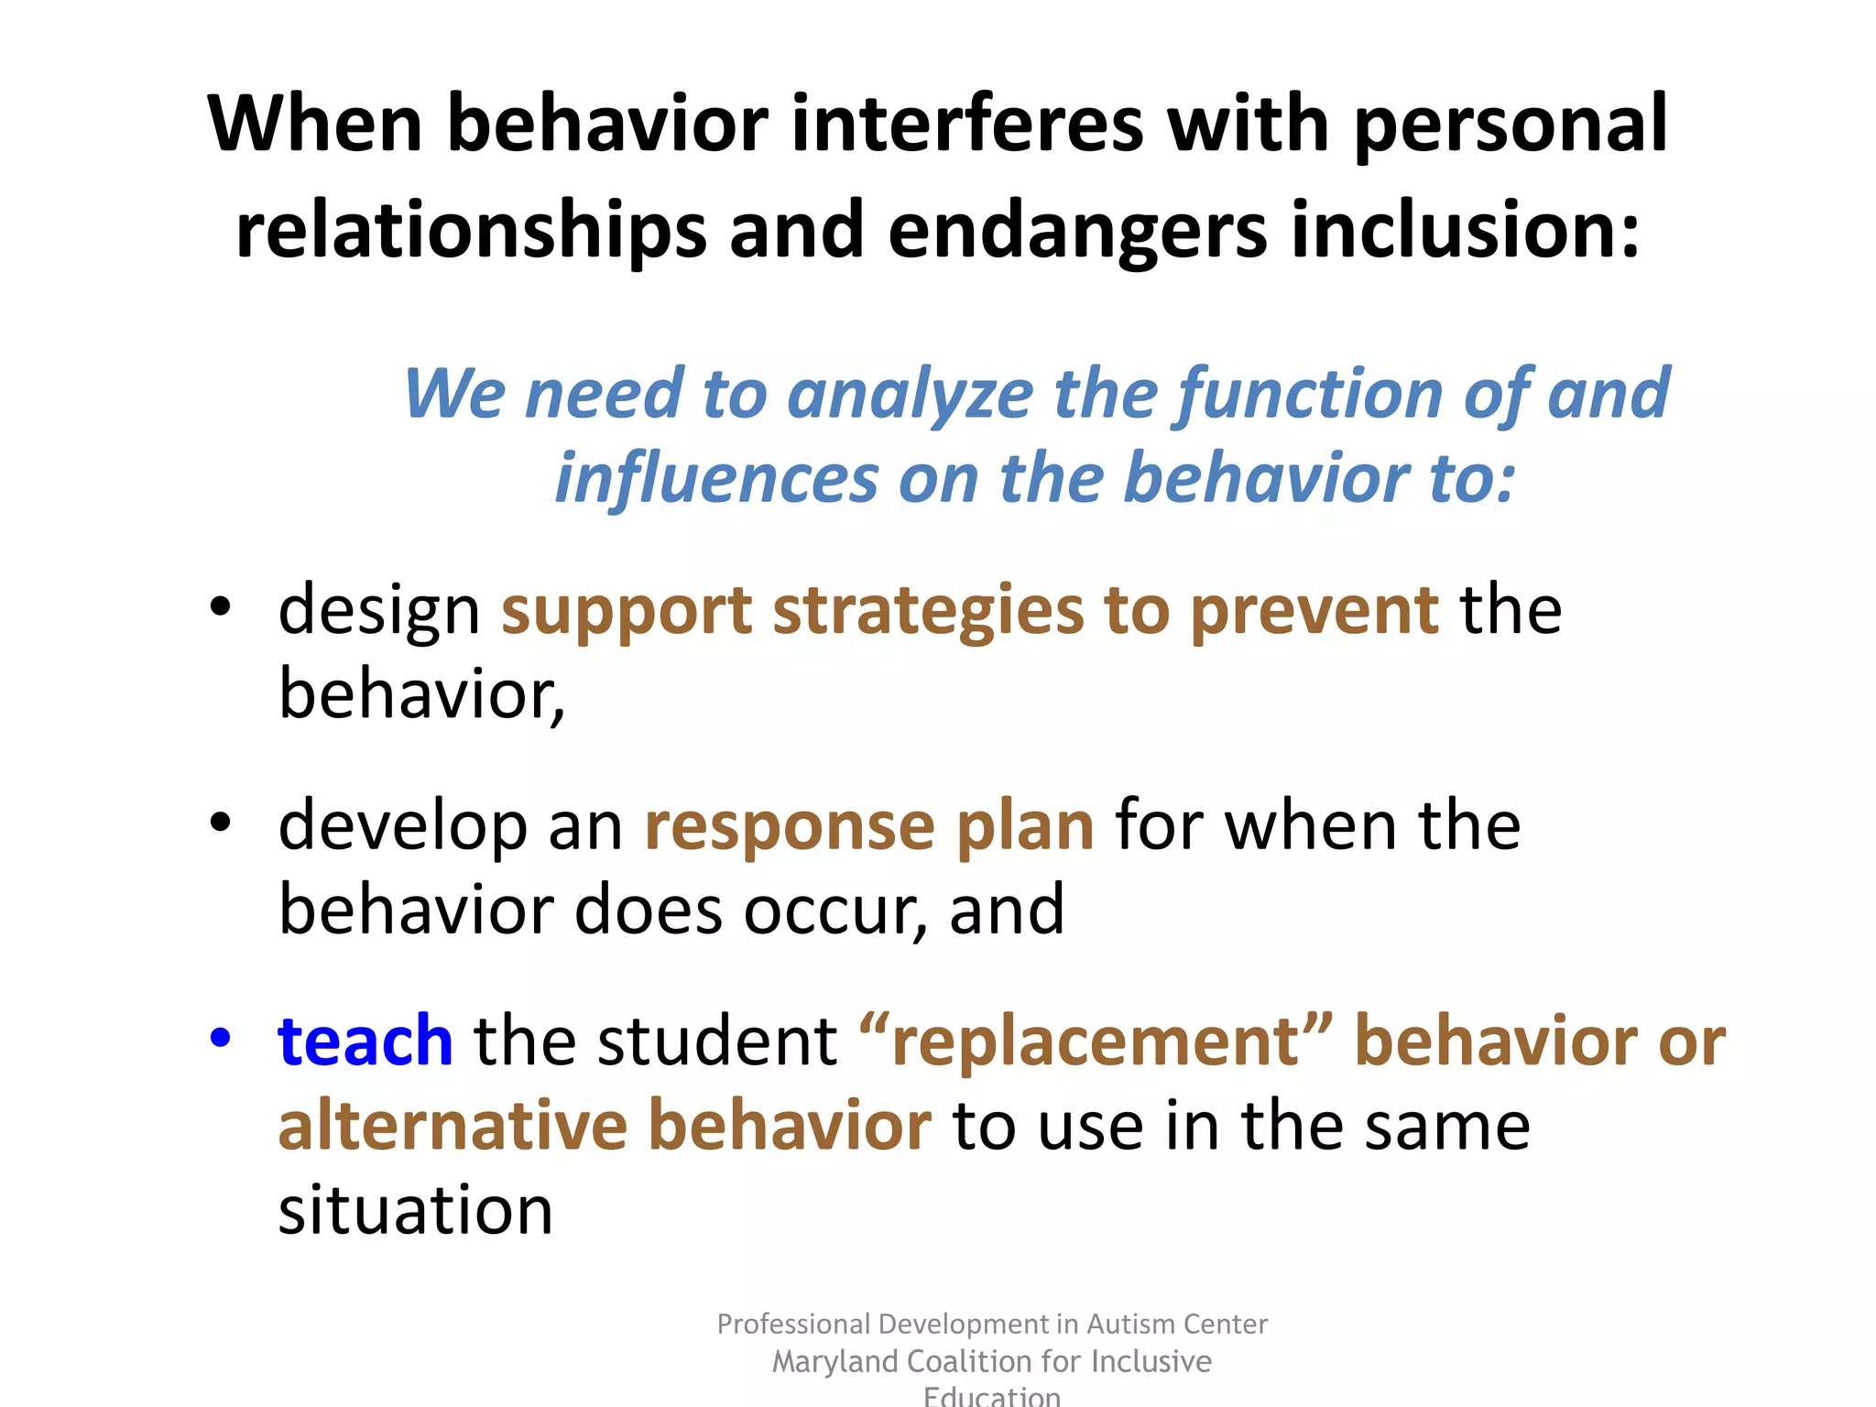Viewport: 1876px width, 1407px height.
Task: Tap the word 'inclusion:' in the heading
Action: point(1465,230)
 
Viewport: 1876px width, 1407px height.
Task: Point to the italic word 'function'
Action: point(1311,394)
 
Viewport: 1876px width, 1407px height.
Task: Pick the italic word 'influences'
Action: point(715,478)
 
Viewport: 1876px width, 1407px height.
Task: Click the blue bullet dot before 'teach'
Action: point(220,1038)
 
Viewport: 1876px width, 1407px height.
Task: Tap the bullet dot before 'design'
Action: point(220,606)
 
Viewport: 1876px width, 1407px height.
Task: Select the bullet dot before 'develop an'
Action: point(220,822)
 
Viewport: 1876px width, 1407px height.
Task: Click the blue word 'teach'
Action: point(365,1042)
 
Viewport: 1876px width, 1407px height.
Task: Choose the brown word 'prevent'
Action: point(1314,611)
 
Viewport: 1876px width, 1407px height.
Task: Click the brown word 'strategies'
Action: point(928,611)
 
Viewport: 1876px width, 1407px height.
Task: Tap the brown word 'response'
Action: point(789,826)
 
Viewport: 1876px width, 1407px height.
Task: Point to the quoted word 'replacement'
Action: point(1096,1042)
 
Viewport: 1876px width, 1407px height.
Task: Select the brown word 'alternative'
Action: point(452,1126)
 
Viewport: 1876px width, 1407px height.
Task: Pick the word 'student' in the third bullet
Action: point(716,1042)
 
